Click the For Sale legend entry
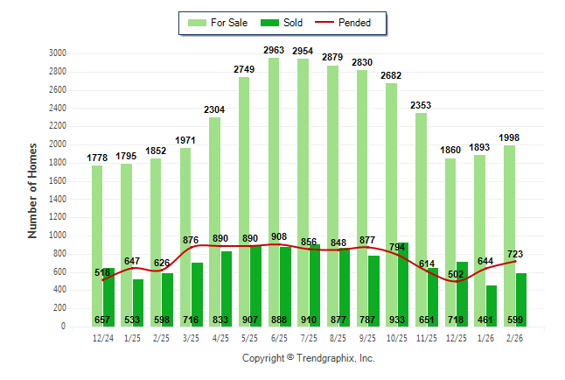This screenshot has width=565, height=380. point(218,23)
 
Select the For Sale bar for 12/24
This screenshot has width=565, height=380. point(97,228)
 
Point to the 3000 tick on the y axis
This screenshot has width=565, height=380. point(58,53)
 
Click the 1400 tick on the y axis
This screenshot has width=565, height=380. point(58,199)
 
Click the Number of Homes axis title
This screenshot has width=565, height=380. point(33,191)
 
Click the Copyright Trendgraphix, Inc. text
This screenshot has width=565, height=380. point(308,359)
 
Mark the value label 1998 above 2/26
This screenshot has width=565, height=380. point(510,138)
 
